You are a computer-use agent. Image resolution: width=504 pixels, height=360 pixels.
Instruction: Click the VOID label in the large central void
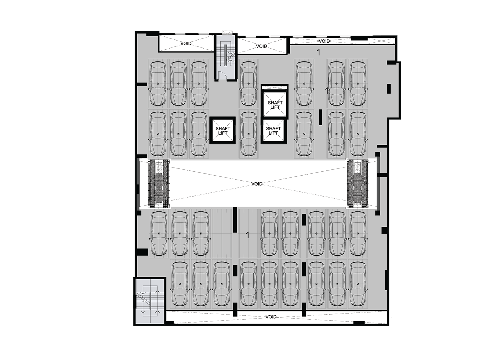[x=257, y=184]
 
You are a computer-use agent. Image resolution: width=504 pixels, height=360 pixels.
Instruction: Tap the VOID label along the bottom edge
[x=271, y=317]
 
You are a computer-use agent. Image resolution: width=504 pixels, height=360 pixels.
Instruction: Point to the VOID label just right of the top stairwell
[x=261, y=46]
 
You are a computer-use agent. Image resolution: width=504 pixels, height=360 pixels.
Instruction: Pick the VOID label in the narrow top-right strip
[x=324, y=41]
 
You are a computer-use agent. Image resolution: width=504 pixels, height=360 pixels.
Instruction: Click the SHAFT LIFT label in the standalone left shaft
[x=223, y=131]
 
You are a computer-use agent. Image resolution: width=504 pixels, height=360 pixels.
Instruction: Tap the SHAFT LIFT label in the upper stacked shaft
[x=275, y=105]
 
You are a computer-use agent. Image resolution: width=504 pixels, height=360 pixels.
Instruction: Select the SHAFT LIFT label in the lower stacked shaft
[x=273, y=131]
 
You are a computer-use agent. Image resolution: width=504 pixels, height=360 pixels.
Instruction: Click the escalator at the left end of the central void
[x=159, y=184]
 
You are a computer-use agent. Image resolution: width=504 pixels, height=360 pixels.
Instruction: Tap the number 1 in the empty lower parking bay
[x=248, y=235]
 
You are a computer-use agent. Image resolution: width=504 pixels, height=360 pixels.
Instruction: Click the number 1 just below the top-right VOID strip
[x=318, y=52]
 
